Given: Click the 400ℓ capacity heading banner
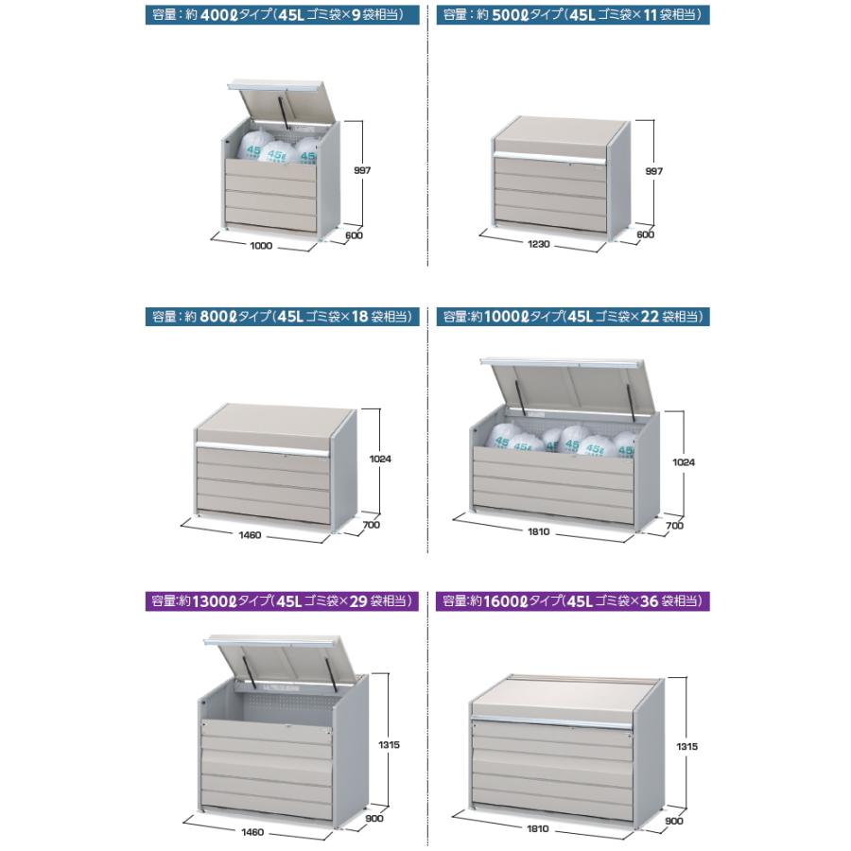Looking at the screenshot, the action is pos(282,14).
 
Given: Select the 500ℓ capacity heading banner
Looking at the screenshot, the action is pos(573,14).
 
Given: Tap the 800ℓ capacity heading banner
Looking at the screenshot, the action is pos(282,317).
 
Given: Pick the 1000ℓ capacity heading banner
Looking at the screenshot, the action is pos(573,317).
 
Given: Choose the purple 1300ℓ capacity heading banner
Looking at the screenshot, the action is pos(282,601).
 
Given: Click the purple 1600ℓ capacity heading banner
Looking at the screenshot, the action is pos(573,601).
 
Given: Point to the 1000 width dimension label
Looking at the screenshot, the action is pos(261,246).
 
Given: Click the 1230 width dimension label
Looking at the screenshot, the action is pos(539,244).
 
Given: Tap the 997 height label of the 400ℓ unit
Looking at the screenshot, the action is pos(362,170).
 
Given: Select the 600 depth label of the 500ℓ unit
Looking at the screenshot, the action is pos(645,234).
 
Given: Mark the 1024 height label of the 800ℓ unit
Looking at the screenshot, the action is pos(380,460).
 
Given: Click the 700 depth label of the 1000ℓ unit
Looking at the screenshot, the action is pos(674,526).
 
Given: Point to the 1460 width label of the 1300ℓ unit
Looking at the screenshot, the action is pos(252,832).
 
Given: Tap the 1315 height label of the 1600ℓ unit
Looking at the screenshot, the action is pos(687,747).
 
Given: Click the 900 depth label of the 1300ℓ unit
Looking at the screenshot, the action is pos(374,819).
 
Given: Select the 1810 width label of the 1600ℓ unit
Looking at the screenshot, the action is pos(538,828).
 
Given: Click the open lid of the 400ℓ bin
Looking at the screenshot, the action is pos(282,104).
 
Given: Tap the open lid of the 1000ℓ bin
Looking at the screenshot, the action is pos(570,386).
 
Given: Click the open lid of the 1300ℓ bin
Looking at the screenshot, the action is pos(285,659).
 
